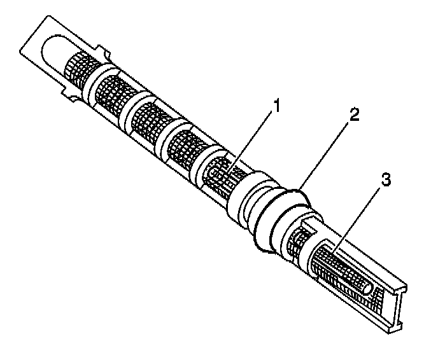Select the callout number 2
[x=355, y=115]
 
